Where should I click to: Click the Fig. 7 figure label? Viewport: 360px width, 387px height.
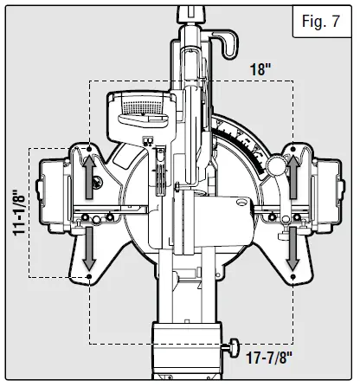[321, 21]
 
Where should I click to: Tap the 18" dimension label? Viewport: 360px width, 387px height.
[260, 69]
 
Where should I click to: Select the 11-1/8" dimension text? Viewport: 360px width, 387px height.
[20, 212]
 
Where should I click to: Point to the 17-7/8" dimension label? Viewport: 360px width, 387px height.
[269, 358]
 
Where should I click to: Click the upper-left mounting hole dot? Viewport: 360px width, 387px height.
[89, 149]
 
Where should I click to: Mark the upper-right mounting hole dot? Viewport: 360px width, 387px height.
[293, 149]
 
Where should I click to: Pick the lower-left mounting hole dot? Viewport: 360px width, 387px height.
[89, 276]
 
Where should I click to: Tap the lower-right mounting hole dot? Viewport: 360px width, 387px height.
[293, 276]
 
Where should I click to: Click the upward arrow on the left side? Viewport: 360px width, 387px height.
[89, 177]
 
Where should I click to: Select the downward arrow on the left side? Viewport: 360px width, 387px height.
[89, 248]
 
